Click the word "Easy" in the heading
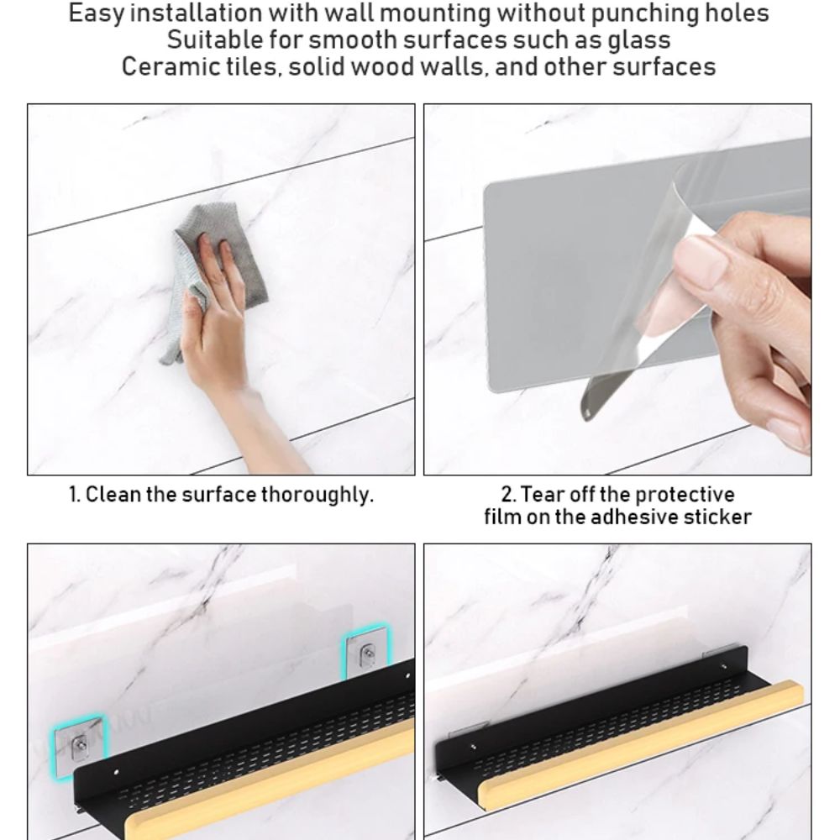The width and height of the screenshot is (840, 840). coord(97,14)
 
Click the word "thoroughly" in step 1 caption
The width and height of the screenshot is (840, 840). coord(316,495)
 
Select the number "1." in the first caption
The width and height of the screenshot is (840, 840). coord(75,494)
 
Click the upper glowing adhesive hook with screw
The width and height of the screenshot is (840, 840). coord(366,654)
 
